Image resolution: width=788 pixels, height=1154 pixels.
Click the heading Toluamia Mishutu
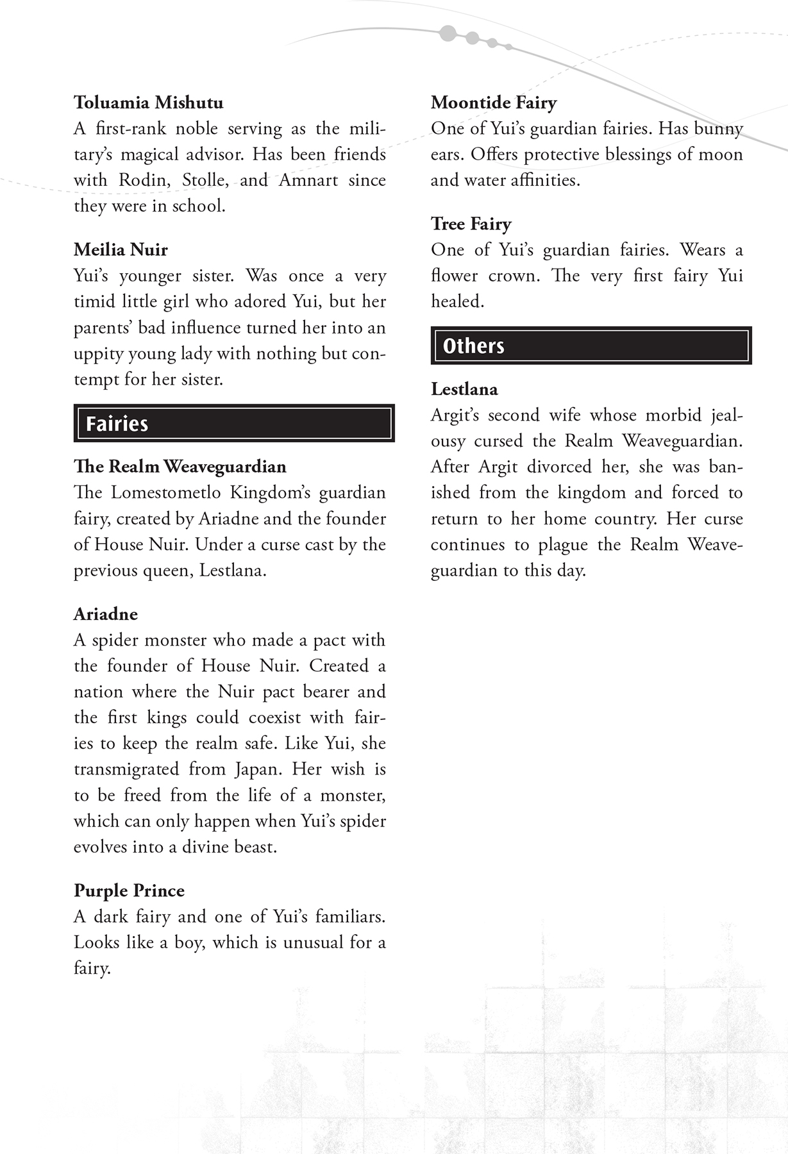coord(148,103)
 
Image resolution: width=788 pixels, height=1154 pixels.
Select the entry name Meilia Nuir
coord(121,249)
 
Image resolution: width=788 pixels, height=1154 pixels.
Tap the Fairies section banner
coord(234,423)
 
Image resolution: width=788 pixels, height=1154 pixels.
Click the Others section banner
coord(591,346)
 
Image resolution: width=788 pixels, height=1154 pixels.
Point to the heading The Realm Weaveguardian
coord(180,466)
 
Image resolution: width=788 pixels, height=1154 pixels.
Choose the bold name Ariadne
coord(106,614)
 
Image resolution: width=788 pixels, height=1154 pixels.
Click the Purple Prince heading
coord(129,890)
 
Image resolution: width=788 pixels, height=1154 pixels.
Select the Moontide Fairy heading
coord(494,103)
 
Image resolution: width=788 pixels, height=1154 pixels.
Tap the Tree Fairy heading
coord(471,224)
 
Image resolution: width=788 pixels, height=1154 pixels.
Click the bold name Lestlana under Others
coord(464,389)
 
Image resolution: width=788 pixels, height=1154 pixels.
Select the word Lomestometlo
coord(174,493)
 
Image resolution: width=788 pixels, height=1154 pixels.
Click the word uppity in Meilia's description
coord(99,354)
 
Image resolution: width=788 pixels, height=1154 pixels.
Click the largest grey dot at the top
coord(449,32)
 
